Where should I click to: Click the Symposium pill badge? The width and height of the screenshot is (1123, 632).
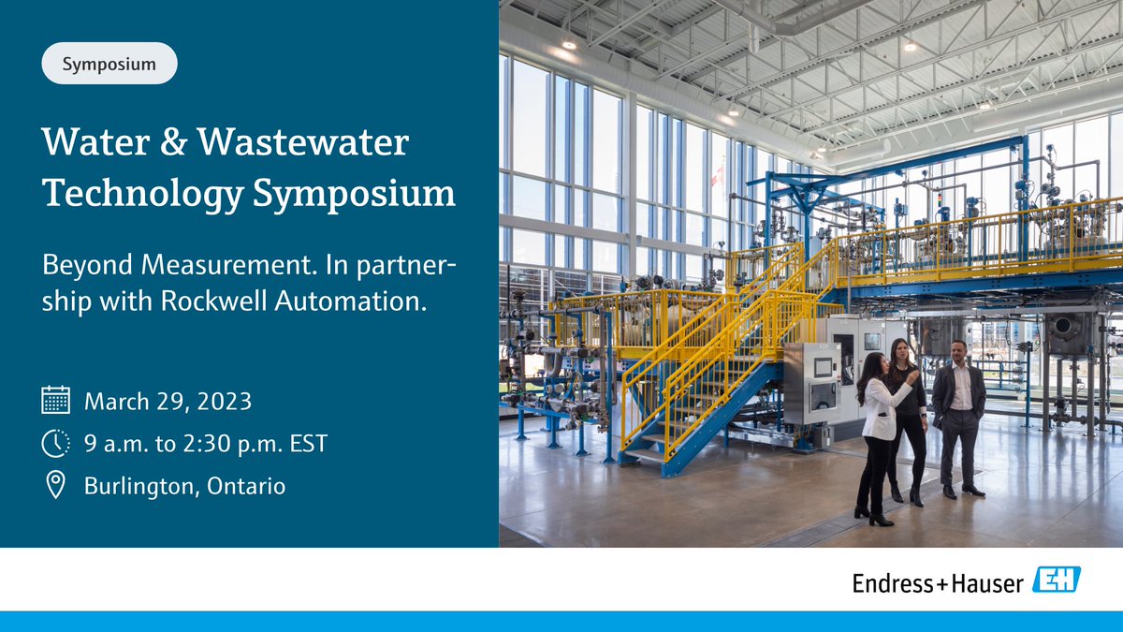click(x=109, y=64)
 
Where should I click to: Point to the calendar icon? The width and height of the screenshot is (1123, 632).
click(x=56, y=401)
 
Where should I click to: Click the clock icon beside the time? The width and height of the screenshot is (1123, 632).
click(x=56, y=443)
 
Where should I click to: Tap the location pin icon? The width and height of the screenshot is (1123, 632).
click(x=56, y=485)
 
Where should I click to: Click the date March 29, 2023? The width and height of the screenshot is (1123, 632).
click(x=168, y=402)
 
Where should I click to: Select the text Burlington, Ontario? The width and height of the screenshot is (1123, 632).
click(x=184, y=486)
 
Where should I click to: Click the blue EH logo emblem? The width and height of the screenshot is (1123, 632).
click(x=1056, y=581)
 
